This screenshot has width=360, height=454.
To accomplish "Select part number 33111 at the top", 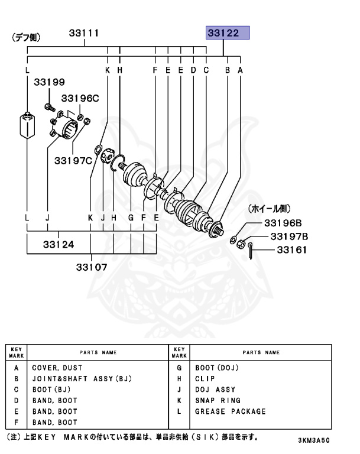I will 83,33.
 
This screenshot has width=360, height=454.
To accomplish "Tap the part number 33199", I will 49,82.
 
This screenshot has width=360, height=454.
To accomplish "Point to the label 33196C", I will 80,98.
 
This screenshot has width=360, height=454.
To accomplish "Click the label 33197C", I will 73,160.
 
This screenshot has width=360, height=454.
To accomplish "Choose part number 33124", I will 58,243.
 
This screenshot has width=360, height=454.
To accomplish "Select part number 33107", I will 91,267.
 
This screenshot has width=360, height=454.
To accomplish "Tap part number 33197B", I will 290,236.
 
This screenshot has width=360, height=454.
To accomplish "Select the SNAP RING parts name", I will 218,401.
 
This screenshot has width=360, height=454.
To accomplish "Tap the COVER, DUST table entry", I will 57,368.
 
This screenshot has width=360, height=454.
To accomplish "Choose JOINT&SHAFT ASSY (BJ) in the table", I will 81,378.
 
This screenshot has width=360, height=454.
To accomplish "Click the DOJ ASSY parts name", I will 215,390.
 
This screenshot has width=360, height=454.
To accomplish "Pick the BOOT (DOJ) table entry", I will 216,368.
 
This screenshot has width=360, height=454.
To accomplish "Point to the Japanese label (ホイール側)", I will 268,208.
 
